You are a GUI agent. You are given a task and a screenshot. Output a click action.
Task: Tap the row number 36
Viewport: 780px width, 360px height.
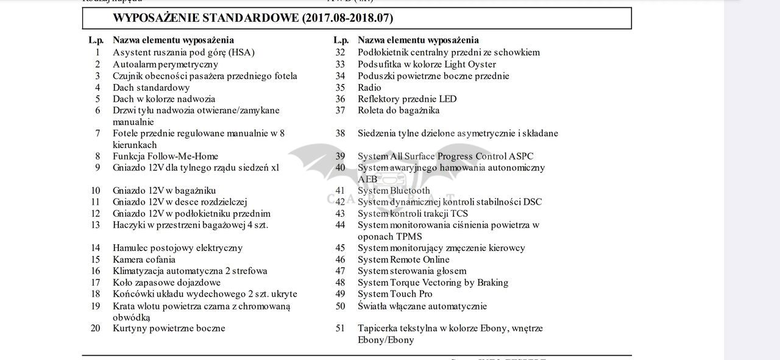[340, 99]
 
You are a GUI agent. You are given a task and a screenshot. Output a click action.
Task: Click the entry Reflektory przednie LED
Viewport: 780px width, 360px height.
[406, 99]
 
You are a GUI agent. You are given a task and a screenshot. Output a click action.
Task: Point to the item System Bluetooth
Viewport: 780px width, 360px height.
[394, 191]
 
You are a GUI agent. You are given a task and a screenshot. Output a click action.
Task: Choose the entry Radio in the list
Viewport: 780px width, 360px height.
[369, 88]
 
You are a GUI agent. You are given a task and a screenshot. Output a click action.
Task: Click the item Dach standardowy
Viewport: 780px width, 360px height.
[151, 88]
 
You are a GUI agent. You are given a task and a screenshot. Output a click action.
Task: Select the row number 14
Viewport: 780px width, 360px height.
[96, 248]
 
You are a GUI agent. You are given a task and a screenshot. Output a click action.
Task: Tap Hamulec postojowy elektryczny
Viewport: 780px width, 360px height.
[177, 248]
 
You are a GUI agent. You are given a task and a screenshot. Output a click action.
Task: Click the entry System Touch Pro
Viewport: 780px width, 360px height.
[395, 294]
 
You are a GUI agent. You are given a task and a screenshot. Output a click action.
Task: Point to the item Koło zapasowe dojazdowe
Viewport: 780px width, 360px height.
[166, 283]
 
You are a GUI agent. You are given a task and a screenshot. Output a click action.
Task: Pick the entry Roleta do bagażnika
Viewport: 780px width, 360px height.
[399, 110]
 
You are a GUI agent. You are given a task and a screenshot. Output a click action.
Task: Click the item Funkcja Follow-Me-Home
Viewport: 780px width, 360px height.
[165, 157]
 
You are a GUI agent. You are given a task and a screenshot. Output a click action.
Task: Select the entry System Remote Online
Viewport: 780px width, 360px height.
[403, 259]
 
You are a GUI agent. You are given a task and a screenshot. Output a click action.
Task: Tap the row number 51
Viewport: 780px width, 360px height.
[340, 328]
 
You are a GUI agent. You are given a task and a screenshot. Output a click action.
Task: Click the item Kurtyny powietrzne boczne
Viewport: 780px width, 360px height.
[169, 328]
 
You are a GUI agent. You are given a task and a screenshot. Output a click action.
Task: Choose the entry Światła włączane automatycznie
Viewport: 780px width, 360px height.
[422, 306]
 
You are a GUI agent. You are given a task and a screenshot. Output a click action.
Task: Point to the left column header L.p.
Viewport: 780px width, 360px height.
[96, 40]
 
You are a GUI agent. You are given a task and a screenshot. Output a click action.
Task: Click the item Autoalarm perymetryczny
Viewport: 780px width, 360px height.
[165, 65]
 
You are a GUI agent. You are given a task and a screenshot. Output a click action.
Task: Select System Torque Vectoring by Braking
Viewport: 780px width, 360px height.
[433, 283]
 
